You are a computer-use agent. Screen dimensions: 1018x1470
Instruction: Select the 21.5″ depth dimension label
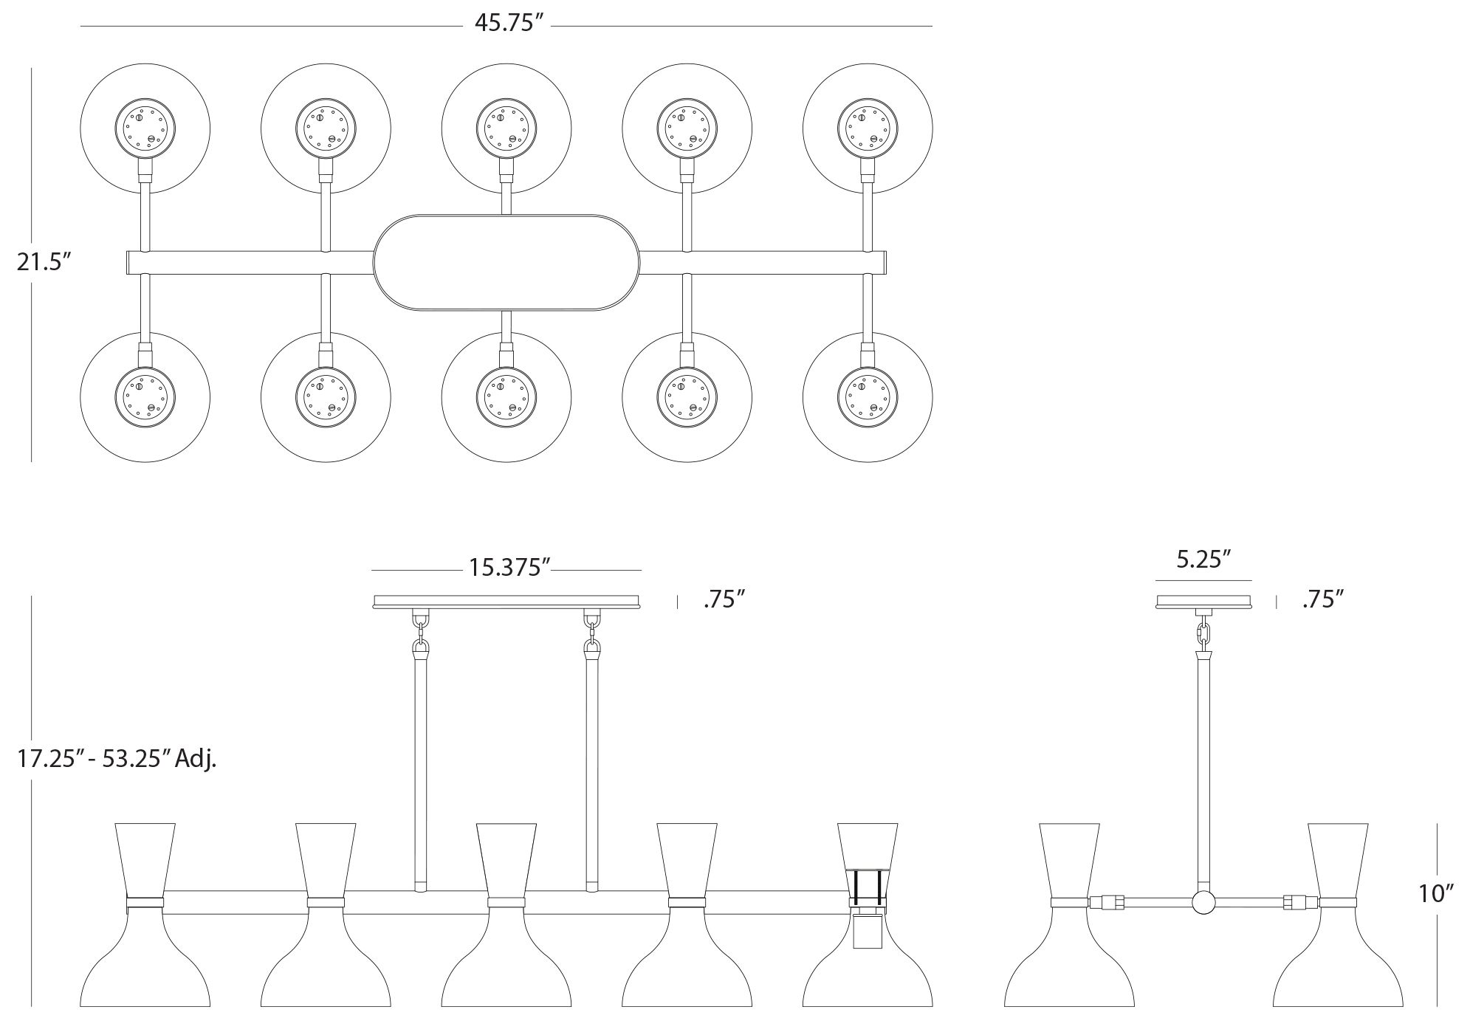pos(44,262)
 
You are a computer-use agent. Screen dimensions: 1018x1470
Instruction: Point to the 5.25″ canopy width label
pos(1203,559)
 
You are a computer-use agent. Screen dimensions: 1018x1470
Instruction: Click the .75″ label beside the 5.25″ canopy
pos(1322,599)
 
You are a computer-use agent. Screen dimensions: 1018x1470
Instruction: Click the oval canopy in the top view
pos(506,262)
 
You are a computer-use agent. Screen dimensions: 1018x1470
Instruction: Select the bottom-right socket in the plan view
pos(868,396)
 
